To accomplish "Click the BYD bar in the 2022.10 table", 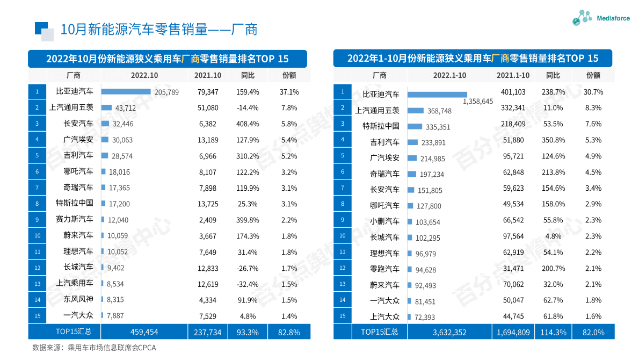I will pos(126,92).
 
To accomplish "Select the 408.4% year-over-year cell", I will pos(248,124).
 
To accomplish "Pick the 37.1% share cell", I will pos(289,92).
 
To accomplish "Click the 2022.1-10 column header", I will pos(449,75).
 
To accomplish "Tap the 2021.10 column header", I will pos(208,75).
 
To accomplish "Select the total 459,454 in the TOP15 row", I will pos(144,332).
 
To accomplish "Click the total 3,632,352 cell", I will pos(449,332).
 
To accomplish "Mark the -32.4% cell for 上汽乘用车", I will pos(248,283).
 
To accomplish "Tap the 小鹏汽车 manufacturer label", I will pos(384,221).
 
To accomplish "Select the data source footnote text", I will pos(94,348).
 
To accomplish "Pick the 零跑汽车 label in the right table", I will pos(384,269).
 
